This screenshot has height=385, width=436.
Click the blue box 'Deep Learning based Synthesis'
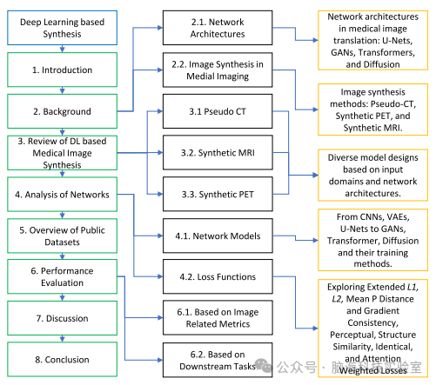pyautogui.click(x=62, y=28)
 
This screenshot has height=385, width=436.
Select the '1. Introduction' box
pyautogui.click(x=62, y=70)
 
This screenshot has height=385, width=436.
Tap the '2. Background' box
pyautogui.click(x=62, y=111)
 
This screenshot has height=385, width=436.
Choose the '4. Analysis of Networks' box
pyautogui.click(x=62, y=195)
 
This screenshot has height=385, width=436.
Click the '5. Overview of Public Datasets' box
pyautogui.click(x=62, y=236)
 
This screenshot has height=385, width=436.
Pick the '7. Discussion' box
pyautogui.click(x=62, y=318)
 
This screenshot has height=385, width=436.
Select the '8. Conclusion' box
pyautogui.click(x=62, y=360)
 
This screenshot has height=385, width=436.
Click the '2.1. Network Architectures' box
pyautogui.click(x=218, y=28)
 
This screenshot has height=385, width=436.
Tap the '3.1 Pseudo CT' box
pyautogui.click(x=218, y=111)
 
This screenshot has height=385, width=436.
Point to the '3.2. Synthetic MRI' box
pyautogui.click(x=218, y=153)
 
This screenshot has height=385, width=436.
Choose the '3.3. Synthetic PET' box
pyautogui.click(x=218, y=195)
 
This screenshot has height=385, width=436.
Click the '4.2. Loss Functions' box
pyautogui.click(x=218, y=276)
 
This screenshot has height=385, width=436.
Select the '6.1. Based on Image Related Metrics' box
pyautogui.click(x=218, y=318)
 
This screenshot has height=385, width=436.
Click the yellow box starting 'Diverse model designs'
pyautogui.click(x=372, y=175)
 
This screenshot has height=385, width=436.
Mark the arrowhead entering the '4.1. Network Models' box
pyautogui.click(x=160, y=236)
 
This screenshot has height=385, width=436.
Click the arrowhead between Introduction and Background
pyautogui.click(x=62, y=91)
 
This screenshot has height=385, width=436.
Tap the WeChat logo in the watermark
pyautogui.click(x=263, y=365)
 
